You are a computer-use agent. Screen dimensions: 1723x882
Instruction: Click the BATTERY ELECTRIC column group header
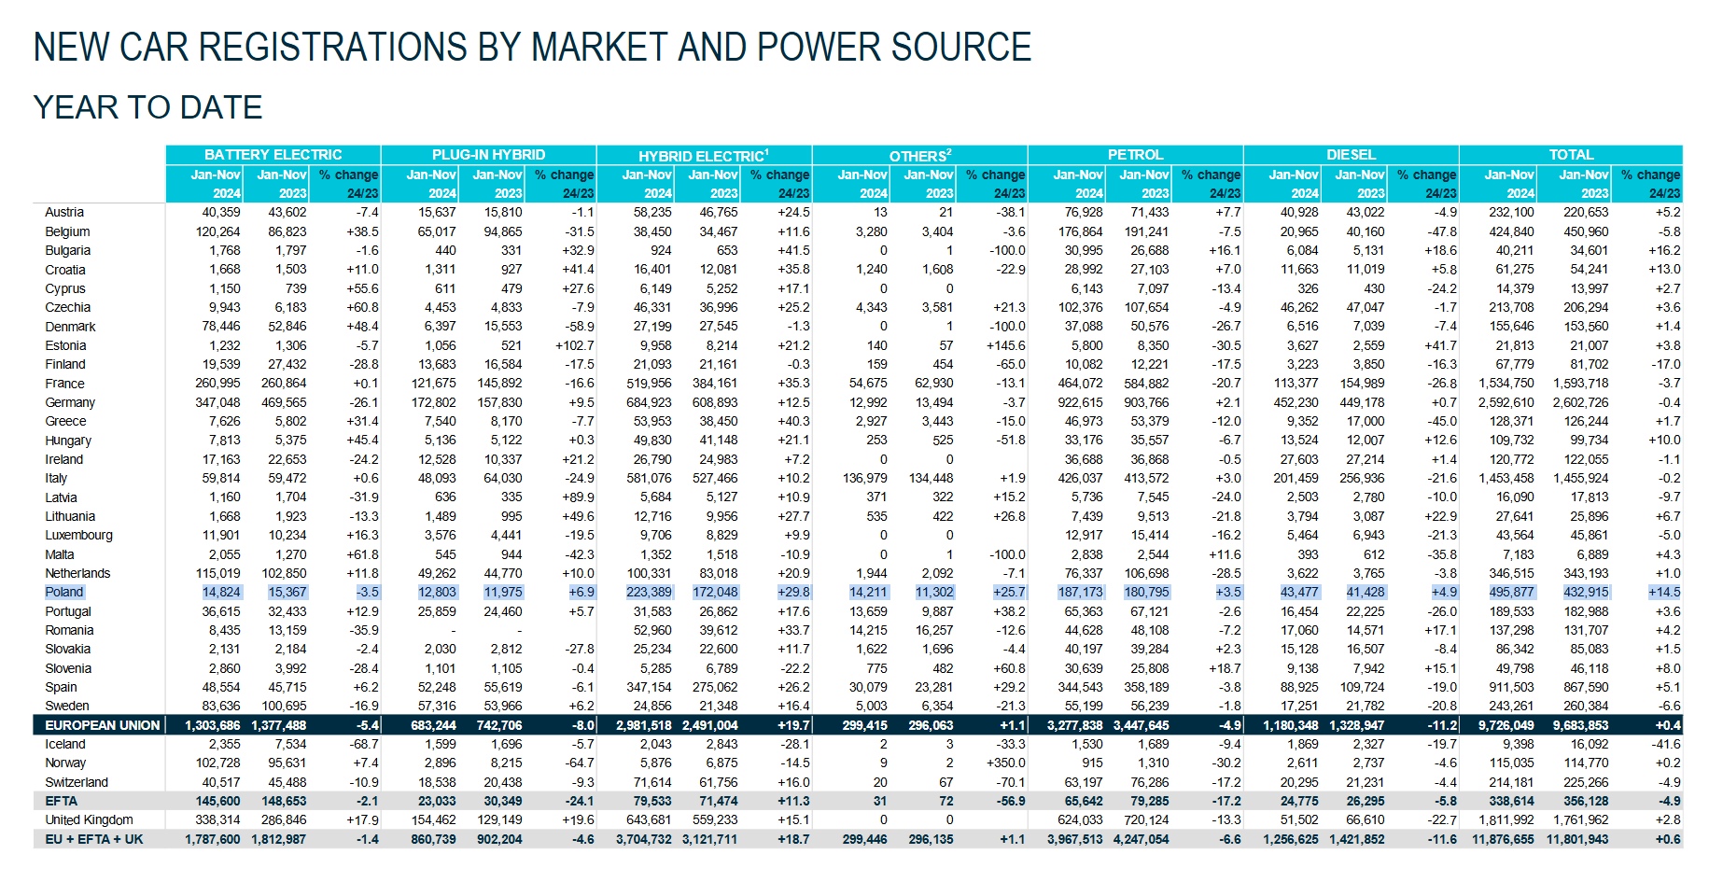tap(273, 155)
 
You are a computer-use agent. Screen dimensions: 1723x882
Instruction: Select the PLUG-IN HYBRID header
tap(488, 155)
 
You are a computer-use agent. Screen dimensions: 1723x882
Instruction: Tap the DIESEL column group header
tap(1351, 155)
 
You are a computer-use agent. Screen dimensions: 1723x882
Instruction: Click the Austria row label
tap(64, 213)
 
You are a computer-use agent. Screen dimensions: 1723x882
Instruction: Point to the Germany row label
tap(70, 402)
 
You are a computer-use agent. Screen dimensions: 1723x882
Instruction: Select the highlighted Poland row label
tap(64, 592)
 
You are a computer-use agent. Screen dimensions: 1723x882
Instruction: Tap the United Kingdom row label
tap(89, 820)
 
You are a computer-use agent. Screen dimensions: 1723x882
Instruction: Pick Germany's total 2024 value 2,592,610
tap(1506, 402)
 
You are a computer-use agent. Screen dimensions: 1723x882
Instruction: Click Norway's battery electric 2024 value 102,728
tap(218, 763)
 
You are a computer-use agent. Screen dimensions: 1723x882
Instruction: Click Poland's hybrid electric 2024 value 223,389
tap(649, 592)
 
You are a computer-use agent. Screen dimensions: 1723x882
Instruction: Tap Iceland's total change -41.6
tap(1664, 744)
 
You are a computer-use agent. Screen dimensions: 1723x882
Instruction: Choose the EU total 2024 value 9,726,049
tap(1506, 725)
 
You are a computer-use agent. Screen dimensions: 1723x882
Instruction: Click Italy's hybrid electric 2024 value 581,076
tap(649, 478)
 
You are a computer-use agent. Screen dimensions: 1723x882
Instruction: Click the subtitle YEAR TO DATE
tap(147, 107)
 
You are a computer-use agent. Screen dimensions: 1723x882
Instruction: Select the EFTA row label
tap(62, 801)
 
